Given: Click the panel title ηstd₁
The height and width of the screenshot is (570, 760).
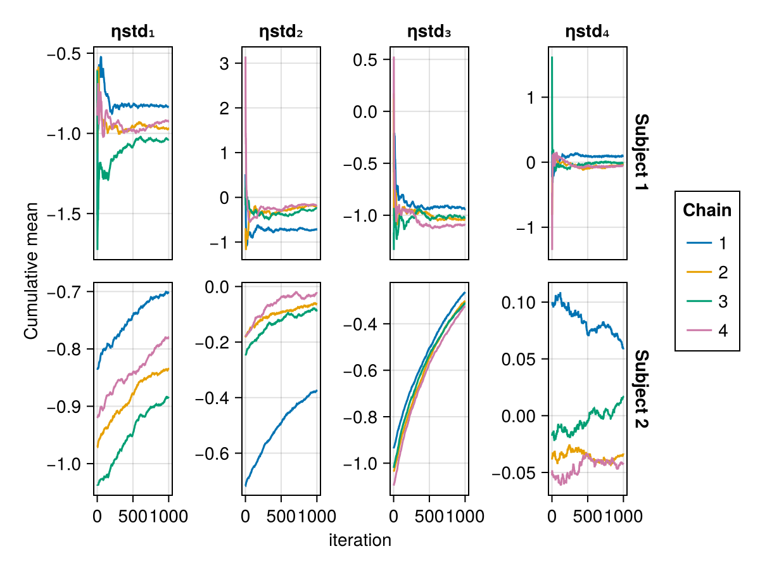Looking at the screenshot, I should point(132,32).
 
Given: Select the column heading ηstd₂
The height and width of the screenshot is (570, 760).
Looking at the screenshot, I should point(281,32).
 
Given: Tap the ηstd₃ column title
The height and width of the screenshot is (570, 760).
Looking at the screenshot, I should point(429,32).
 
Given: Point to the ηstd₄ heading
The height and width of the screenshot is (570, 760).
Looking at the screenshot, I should point(587,32).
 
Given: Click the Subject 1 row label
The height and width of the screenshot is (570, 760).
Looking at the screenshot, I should point(641,154).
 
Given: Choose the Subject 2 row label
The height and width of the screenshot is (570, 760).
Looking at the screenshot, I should point(641,388).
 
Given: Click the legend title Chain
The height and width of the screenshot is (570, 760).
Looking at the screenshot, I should point(707,210).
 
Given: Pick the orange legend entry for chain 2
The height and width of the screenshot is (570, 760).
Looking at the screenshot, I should point(707,272).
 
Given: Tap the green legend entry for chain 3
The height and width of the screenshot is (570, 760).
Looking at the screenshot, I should point(707,301).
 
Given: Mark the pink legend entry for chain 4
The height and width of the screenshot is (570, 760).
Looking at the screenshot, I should point(707,331).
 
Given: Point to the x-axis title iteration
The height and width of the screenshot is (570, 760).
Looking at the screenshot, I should point(360,540).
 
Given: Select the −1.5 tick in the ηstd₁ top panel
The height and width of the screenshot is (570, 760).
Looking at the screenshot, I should point(66,214).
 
